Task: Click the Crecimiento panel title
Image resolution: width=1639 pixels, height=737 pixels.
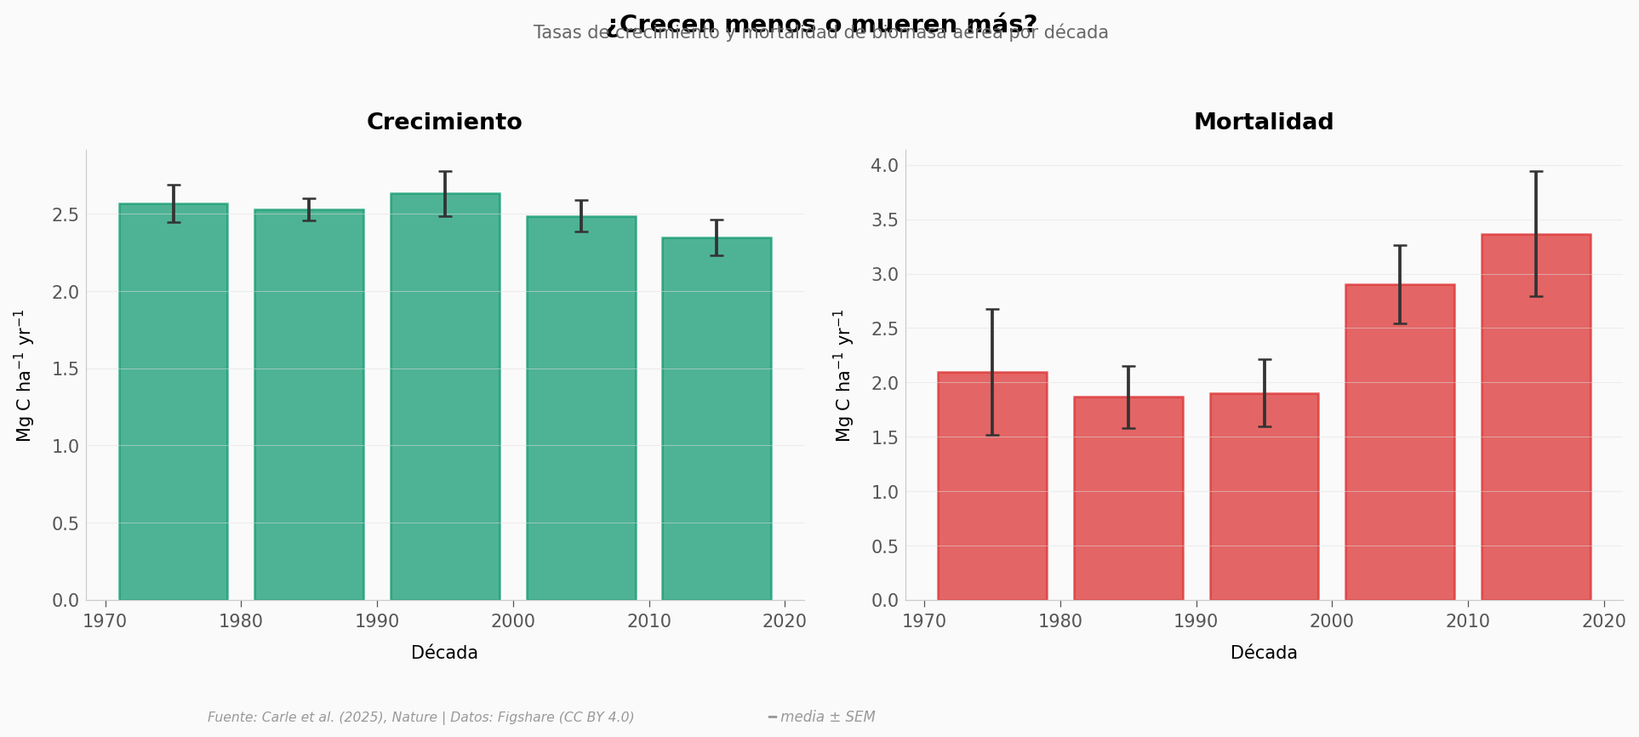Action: [444, 123]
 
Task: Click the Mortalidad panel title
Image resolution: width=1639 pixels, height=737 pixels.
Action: [1264, 123]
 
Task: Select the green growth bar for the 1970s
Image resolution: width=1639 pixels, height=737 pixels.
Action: [174, 408]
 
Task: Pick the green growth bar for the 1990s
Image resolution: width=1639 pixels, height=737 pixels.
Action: [445, 408]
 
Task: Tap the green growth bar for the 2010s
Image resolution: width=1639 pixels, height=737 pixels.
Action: [717, 426]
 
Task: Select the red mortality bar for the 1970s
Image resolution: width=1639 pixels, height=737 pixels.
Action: [992, 494]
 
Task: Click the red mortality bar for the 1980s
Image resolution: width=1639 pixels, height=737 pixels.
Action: [1128, 502]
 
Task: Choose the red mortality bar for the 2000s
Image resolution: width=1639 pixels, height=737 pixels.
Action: [1400, 451]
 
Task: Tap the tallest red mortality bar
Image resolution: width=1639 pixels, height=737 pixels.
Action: [1536, 426]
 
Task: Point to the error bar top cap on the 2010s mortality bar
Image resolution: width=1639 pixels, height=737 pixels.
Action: [1536, 172]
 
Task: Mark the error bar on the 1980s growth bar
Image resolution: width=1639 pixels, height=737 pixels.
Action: [309, 209]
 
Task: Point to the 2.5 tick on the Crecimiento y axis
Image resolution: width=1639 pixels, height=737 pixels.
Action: [66, 214]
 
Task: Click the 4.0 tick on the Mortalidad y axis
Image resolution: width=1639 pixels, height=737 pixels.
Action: [886, 165]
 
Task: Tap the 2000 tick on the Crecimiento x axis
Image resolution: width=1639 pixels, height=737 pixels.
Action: [513, 621]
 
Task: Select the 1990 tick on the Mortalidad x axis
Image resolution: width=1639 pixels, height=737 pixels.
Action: [1196, 621]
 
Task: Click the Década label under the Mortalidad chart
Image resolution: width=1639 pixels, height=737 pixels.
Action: [1264, 654]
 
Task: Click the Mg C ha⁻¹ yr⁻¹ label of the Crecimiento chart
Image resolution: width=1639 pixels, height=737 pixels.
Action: [24, 375]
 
